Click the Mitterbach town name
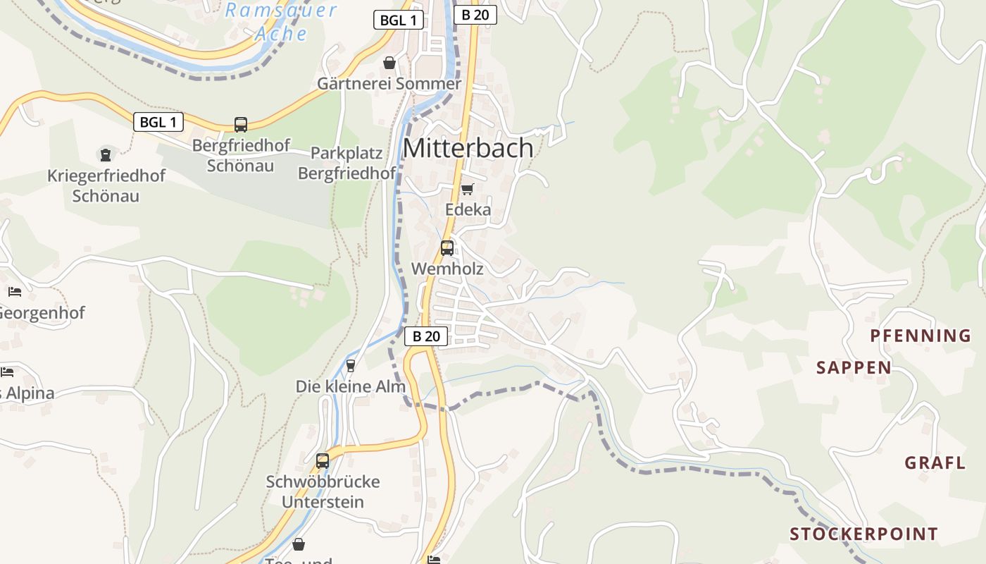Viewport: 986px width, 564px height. click(468, 148)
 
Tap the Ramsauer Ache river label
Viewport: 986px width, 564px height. click(281, 22)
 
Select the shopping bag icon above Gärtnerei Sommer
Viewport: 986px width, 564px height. click(389, 63)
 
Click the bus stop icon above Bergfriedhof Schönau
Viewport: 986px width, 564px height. click(241, 125)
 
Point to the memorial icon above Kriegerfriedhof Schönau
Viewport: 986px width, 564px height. click(106, 154)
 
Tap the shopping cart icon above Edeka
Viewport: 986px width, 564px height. click(467, 189)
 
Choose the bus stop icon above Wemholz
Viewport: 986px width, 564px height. click(447, 248)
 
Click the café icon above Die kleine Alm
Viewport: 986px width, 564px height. click(351, 365)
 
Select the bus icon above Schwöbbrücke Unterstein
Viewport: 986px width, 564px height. click(323, 461)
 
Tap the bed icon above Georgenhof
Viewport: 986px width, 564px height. click(15, 291)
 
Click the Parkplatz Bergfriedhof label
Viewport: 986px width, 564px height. click(347, 163)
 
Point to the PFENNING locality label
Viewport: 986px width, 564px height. click(921, 336)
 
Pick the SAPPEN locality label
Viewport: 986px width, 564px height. click(854, 367)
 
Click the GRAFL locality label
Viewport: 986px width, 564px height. click(935, 463)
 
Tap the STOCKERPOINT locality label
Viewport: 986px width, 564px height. click(863, 534)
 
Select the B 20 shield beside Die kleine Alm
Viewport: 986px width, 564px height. click(426, 336)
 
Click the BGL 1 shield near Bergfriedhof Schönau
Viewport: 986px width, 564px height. click(158, 122)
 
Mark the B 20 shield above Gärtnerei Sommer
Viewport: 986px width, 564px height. click(475, 15)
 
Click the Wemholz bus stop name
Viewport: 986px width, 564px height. click(447, 269)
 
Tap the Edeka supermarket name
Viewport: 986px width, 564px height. click(468, 209)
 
